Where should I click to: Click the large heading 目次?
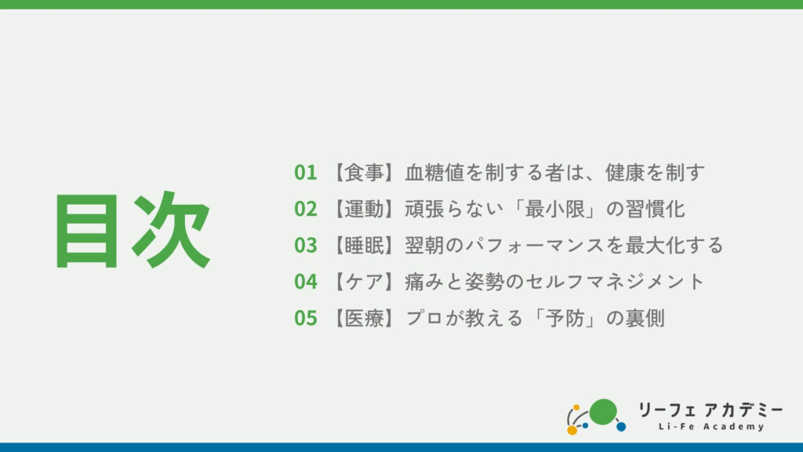(x=133, y=230)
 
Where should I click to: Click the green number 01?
(x=306, y=173)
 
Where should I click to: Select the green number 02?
(x=306, y=209)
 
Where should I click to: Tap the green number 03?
(x=306, y=246)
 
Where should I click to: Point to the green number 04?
(x=306, y=282)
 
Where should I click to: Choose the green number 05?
(x=306, y=319)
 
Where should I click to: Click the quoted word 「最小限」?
(x=554, y=209)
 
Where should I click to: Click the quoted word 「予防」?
(x=565, y=319)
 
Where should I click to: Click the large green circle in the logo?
(x=603, y=412)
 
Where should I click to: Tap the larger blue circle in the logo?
(x=621, y=426)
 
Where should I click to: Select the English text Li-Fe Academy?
(x=711, y=426)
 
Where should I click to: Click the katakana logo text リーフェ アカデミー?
(x=710, y=410)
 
